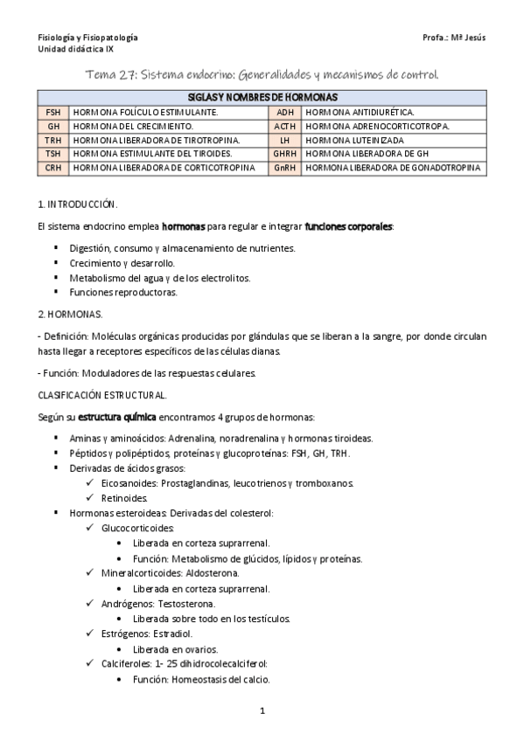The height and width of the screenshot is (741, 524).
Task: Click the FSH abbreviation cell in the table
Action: [x=53, y=113]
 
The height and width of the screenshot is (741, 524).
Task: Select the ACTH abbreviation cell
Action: [x=284, y=126]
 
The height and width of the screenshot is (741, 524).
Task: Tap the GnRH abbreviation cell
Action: [x=284, y=167]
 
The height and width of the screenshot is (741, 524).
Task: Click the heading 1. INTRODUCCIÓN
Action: [x=78, y=203]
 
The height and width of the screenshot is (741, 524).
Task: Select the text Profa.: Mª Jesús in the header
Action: [x=452, y=38]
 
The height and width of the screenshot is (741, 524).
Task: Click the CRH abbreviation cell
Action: [x=53, y=167]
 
